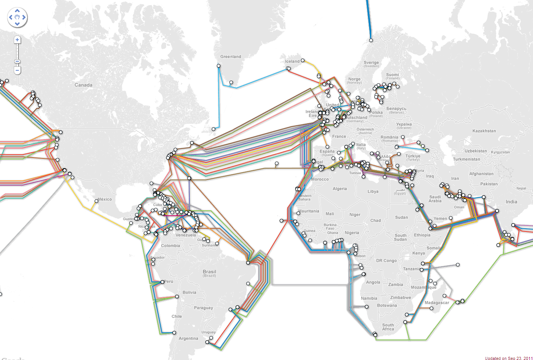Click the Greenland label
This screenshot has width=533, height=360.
point(231,57)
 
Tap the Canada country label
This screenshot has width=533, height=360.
point(83,85)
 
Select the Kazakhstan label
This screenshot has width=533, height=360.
point(484,131)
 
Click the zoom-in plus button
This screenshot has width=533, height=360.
point(17,40)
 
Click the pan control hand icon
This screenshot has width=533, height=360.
point(17,17)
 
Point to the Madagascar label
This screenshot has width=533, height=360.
point(436,303)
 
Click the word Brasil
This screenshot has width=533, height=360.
point(209,272)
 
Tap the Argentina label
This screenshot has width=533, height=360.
point(188,338)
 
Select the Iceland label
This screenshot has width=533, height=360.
point(292,61)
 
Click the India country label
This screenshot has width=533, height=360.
point(511,202)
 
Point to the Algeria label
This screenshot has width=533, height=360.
point(340,189)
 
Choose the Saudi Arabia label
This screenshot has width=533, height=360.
point(435,199)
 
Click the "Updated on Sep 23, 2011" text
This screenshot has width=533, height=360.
point(509,358)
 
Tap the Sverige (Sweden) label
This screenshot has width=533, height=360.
point(371,64)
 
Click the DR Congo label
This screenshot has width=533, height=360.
point(386,261)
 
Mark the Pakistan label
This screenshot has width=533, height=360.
point(489,184)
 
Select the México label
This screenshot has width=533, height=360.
point(105,199)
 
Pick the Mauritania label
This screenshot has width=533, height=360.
point(309,211)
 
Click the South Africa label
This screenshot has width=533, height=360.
point(388,327)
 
